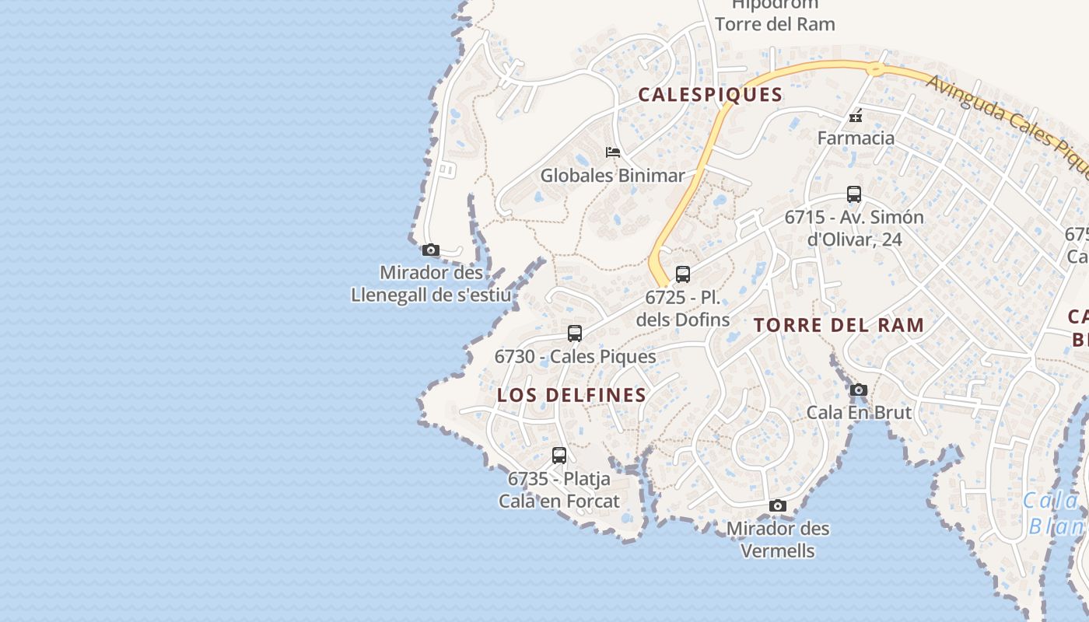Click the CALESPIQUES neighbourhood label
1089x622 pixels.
pos(710,95)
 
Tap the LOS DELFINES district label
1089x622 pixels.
pos(572,395)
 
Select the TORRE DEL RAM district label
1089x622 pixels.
pos(839,325)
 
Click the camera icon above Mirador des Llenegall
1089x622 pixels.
pos(431,250)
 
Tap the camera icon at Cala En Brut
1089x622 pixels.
pos(859,390)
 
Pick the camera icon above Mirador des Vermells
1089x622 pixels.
pos(777,506)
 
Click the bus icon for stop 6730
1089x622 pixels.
pos(575,334)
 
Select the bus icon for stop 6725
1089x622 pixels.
pos(683,274)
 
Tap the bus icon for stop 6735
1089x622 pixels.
pos(559,456)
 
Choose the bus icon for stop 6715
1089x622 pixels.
pos(854,194)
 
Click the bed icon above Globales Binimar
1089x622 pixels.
pos(613,152)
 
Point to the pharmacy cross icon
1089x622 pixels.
pos(856,117)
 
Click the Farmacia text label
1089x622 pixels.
pos(856,138)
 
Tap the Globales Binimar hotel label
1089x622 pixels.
pos(613,176)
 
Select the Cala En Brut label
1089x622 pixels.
pos(859,412)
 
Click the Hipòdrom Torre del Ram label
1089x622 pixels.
pos(775,15)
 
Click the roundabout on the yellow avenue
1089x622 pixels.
pos(876,70)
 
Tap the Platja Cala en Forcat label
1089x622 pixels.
pos(559,490)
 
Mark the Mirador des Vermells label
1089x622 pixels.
pos(778,540)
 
